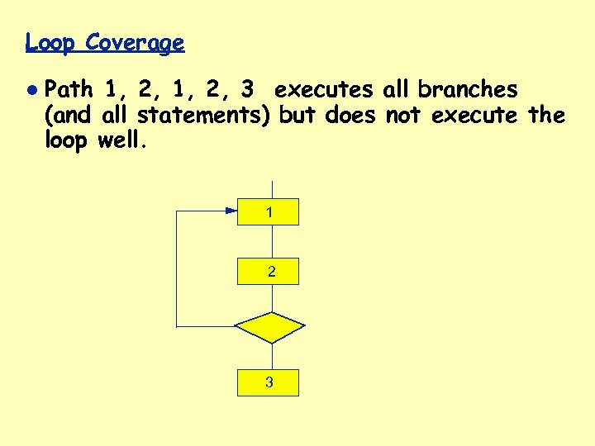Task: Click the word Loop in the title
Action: click(50, 42)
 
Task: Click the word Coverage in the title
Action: click(135, 42)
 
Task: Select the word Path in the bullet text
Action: click(70, 88)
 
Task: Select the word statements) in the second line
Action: click(204, 115)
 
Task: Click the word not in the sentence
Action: click(403, 115)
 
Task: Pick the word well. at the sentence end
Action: click(121, 140)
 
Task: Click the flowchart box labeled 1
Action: click(268, 212)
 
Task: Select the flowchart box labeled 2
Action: click(268, 271)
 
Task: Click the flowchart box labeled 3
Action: click(268, 382)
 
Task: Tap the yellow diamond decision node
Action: click(269, 326)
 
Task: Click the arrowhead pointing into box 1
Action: click(231, 211)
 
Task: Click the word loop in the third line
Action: click(67, 140)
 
